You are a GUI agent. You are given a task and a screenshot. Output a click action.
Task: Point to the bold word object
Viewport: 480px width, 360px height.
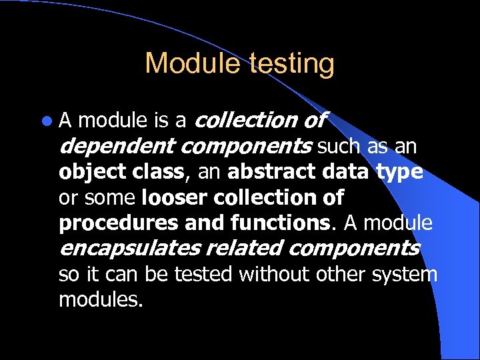[x=86, y=173]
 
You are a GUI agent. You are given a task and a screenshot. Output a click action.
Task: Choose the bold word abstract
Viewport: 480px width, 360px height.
[x=269, y=172]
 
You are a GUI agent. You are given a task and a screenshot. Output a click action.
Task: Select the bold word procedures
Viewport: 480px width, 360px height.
[x=115, y=223]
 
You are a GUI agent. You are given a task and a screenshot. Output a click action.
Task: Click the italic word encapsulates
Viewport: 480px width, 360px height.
[x=129, y=249]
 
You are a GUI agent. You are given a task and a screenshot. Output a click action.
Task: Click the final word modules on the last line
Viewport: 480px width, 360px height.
[x=101, y=300]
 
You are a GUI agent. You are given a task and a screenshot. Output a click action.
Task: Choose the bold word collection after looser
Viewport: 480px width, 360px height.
[x=269, y=197]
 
